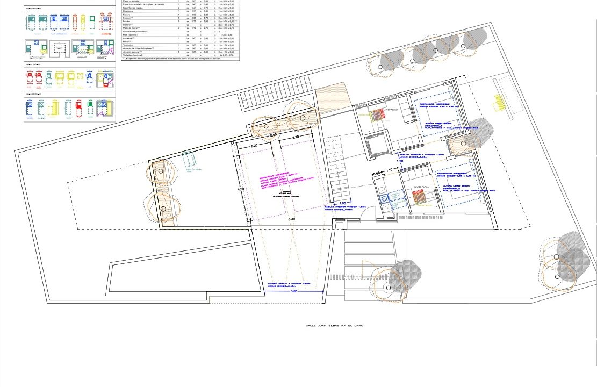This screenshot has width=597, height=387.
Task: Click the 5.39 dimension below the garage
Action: point(291,219)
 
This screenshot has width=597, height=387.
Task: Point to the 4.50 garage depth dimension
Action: point(241,189)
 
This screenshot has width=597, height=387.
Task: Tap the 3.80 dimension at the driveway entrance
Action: point(294,292)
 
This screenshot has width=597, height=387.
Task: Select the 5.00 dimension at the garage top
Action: point(273,135)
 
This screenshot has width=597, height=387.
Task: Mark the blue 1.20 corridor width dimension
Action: point(400,160)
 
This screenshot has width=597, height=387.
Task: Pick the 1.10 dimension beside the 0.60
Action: point(389,170)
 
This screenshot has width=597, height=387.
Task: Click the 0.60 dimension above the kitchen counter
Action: point(376,173)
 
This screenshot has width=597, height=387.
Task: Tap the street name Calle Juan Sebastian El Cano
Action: point(334,325)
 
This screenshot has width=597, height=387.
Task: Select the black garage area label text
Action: point(282,195)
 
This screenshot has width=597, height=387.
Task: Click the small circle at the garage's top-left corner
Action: point(232,142)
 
